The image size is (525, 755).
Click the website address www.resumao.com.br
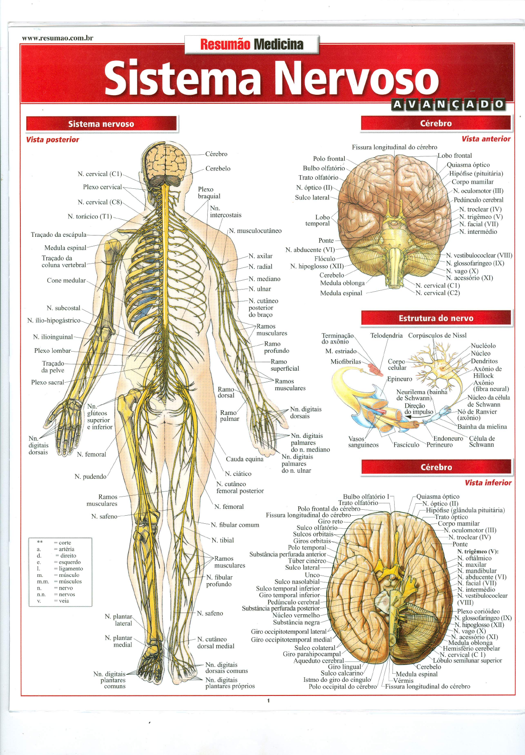[57, 38]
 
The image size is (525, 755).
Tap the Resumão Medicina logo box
[251, 44]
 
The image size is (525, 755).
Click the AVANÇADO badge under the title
[448, 104]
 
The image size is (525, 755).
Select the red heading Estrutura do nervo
[436, 318]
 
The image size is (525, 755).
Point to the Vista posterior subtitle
[52, 139]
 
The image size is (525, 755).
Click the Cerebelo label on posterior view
[218, 168]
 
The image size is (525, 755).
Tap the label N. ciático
[238, 474]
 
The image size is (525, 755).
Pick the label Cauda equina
[245, 459]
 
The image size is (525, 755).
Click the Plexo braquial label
[209, 193]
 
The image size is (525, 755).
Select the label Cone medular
[66, 281]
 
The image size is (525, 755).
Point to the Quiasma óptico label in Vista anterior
[468, 165]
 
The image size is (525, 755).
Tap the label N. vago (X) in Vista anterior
[462, 271]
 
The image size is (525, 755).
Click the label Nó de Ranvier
[477, 412]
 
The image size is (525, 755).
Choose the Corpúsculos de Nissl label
[437, 335]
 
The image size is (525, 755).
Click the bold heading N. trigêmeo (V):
[478, 551]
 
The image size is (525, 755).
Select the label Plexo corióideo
[478, 611]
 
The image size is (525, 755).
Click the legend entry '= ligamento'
[68, 568]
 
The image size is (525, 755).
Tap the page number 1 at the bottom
[268, 701]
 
